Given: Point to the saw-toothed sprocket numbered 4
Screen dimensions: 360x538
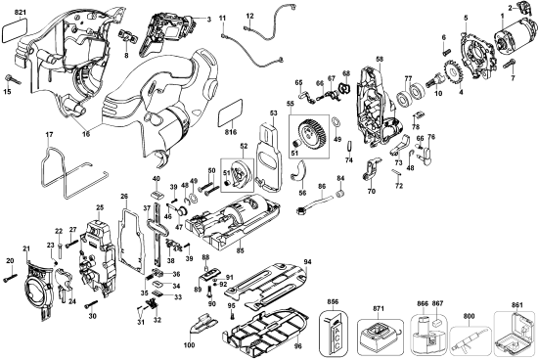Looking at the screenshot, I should (x=453, y=74).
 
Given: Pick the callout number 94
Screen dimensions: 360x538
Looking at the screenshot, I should (x=307, y=262).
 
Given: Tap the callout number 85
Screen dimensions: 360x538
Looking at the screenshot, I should (x=240, y=249).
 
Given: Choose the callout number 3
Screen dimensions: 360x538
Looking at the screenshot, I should (x=207, y=19).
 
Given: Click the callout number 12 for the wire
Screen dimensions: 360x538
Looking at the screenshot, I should (x=249, y=16).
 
